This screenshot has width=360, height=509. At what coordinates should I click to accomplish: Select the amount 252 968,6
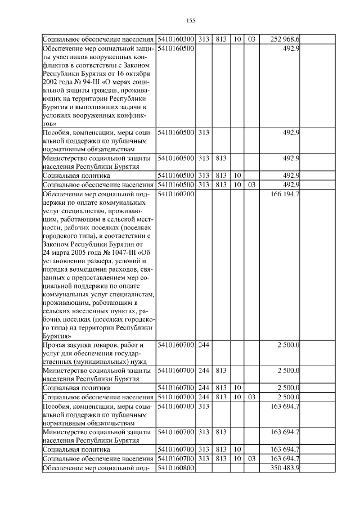[285, 39]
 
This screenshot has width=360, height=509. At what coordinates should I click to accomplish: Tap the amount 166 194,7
[285, 194]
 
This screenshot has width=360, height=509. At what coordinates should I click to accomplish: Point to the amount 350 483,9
[285, 468]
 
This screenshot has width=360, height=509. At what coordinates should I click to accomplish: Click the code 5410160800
[176, 468]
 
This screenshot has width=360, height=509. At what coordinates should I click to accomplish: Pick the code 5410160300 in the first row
[176, 39]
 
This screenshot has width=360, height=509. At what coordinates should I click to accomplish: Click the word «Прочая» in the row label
[55, 344]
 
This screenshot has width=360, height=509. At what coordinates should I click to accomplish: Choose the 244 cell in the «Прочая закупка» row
[204, 344]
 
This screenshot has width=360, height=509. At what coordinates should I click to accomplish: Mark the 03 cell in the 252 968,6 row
[251, 39]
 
